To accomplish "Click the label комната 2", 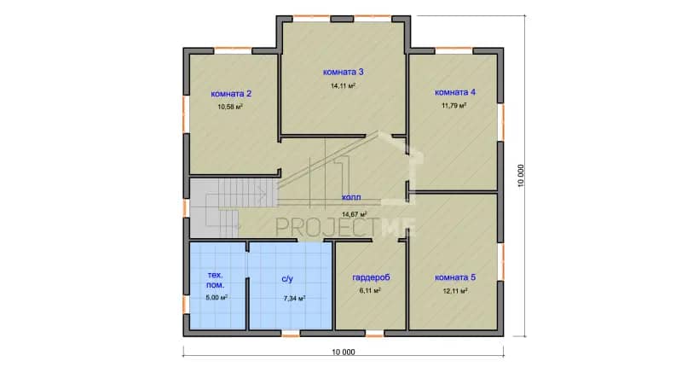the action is tap(231, 94).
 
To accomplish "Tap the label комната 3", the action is tap(344, 72).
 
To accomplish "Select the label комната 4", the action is tap(455, 92).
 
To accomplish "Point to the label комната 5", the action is tap(455, 277).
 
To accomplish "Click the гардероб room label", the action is tap(371, 277).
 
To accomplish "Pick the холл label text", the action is tap(351, 197).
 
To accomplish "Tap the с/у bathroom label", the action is tap(287, 279).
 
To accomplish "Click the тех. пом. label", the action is tap(216, 280).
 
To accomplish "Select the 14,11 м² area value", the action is tap(343, 85).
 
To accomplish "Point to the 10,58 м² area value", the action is tap(230, 108).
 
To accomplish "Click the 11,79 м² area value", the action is tap(454, 106).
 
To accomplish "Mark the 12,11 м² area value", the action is tap(454, 291).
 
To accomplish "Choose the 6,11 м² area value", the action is tap(370, 291).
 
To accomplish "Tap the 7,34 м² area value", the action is tap(295, 299).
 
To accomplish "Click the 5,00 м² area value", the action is tap(217, 297).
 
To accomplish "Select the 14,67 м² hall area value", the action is tap(355, 214).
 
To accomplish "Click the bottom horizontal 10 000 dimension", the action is tap(344, 352).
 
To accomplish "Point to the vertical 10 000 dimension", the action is tap(521, 176).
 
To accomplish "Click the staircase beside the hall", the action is tap(234, 208).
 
